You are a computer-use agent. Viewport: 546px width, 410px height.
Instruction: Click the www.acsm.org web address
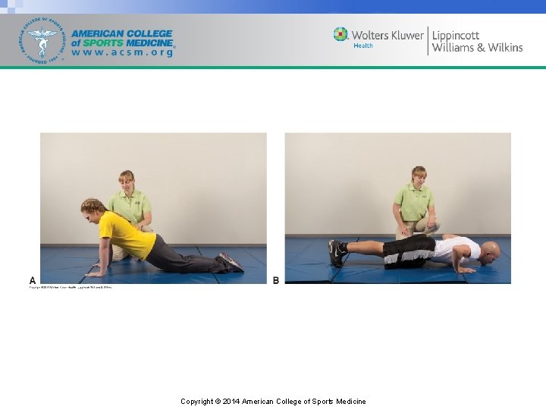(x=123, y=53)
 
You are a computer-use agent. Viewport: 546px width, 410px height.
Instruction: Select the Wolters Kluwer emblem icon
(x=340, y=35)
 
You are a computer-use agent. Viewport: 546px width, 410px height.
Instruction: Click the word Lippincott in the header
(x=456, y=35)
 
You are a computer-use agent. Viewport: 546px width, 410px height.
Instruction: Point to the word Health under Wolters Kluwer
(x=363, y=46)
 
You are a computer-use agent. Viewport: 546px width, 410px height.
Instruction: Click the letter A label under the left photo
(x=33, y=280)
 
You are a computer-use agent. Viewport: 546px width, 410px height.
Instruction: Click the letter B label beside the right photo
(x=275, y=280)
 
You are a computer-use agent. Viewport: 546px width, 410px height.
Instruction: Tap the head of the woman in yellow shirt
(x=93, y=209)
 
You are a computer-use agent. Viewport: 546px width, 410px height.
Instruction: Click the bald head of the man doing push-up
(x=490, y=250)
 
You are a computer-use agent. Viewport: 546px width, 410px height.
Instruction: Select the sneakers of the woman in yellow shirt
(x=231, y=262)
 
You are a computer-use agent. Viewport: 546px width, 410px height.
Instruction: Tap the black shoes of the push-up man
(x=336, y=252)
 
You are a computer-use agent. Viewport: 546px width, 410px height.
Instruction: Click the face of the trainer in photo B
(x=418, y=177)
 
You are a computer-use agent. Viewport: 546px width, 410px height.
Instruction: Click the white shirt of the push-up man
(x=458, y=248)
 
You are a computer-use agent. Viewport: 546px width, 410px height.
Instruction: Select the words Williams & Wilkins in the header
(x=477, y=48)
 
